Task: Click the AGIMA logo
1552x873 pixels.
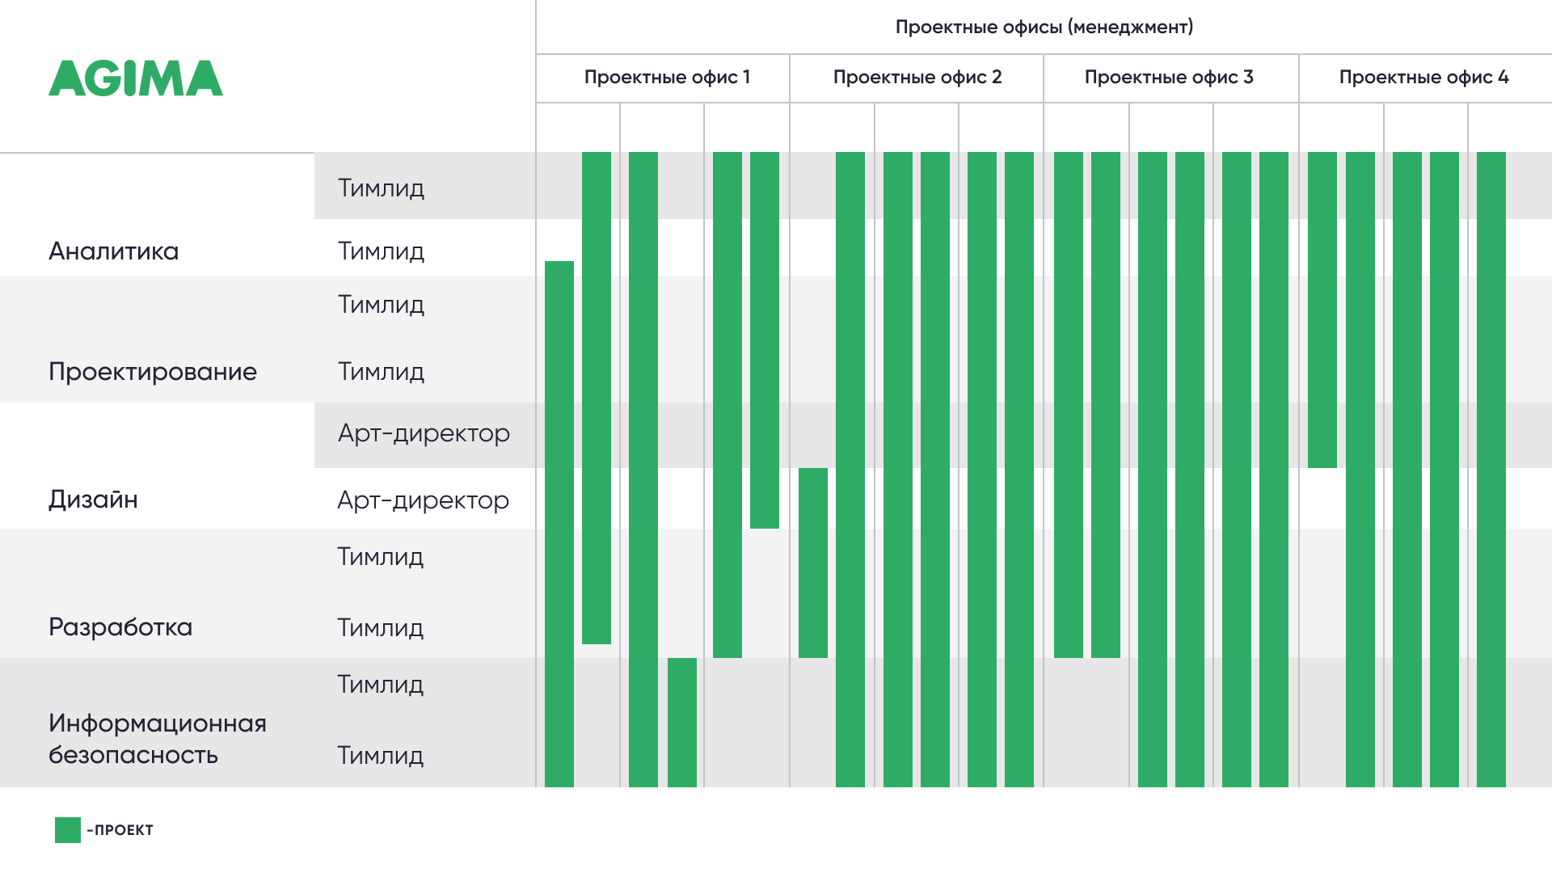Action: click(x=136, y=78)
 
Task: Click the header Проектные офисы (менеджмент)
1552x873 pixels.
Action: click(x=1044, y=27)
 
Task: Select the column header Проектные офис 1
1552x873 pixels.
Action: click(x=667, y=78)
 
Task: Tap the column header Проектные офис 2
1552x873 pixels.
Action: click(x=917, y=78)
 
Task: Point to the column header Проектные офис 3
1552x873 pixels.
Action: click(x=1169, y=78)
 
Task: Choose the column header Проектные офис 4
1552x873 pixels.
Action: click(x=1423, y=78)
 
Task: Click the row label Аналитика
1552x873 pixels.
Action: click(x=113, y=251)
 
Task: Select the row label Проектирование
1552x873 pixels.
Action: click(x=153, y=372)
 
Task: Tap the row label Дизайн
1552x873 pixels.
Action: click(x=93, y=500)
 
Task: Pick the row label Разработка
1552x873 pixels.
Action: click(x=120, y=627)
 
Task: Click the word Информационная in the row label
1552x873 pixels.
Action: click(x=158, y=723)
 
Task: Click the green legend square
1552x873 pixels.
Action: click(x=68, y=830)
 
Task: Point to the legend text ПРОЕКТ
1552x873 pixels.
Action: click(x=124, y=830)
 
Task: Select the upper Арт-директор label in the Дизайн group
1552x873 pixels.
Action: click(x=424, y=434)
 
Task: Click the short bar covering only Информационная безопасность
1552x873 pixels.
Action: click(x=682, y=723)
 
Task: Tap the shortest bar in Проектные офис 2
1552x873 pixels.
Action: click(x=813, y=563)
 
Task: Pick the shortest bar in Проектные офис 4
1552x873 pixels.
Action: click(x=1322, y=310)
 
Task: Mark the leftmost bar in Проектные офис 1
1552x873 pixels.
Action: click(x=559, y=524)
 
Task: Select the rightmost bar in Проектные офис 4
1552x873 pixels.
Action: click(x=1491, y=470)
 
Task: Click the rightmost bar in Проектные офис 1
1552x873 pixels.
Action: click(x=765, y=340)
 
